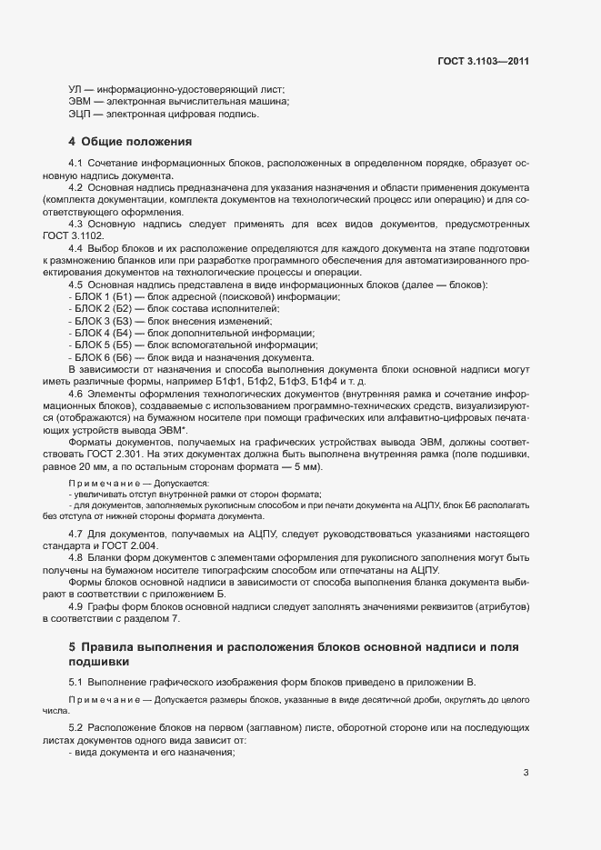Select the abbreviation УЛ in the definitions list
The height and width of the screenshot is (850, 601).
(x=76, y=89)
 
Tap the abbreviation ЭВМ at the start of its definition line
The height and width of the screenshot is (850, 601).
(x=80, y=102)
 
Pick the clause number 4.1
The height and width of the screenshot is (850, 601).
(x=76, y=162)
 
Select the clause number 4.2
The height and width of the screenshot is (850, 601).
(x=76, y=186)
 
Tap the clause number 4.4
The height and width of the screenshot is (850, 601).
(x=76, y=248)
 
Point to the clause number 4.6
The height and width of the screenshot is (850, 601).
(x=76, y=394)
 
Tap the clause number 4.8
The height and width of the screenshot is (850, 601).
(x=76, y=557)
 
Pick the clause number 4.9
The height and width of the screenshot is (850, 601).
(x=76, y=606)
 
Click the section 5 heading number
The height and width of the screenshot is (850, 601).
(x=72, y=646)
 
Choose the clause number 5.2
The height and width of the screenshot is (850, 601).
(x=76, y=729)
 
